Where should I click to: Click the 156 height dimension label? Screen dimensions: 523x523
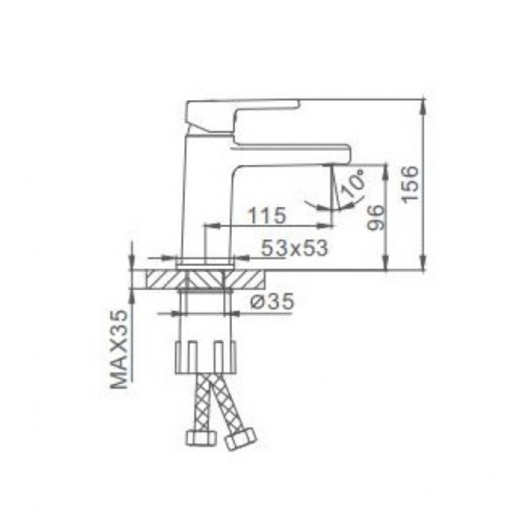tap(411, 184)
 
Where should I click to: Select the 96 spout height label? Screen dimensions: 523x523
tap(376, 218)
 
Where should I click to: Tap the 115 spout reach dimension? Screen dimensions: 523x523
tap(267, 216)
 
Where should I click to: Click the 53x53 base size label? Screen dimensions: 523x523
tap(294, 248)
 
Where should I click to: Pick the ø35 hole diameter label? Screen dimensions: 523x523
tap(273, 303)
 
